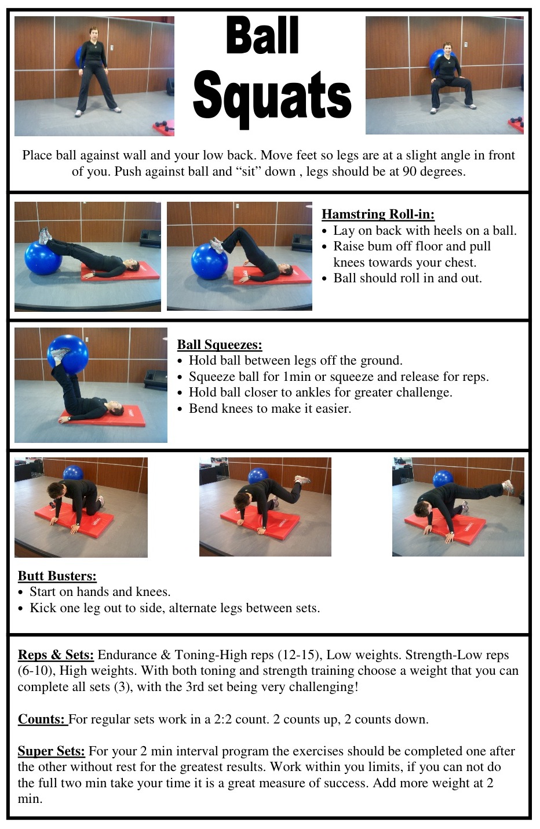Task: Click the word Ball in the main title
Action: tap(262, 35)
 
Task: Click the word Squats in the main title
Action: tap(272, 96)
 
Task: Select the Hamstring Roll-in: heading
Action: tap(378, 214)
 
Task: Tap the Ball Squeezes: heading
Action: tap(220, 344)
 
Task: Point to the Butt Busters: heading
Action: tap(57, 576)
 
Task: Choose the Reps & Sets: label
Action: tap(56, 655)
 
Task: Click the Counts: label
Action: tap(42, 719)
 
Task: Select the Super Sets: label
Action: tap(51, 751)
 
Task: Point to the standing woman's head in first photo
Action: tap(93, 32)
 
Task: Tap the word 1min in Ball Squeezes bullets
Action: tap(297, 377)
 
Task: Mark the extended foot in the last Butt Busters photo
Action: tap(508, 486)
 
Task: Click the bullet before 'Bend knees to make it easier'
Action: tap(181, 409)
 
